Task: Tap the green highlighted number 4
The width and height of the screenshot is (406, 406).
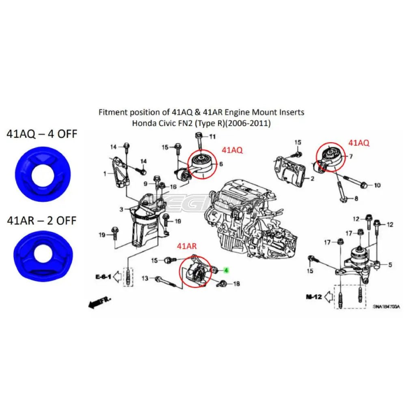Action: [x=227, y=270]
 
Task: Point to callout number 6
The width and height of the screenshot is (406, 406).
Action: [x=221, y=164]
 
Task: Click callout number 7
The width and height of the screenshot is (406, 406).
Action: [x=351, y=156]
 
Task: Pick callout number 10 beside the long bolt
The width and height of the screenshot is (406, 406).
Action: [x=377, y=186]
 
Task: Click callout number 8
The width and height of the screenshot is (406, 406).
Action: [x=356, y=199]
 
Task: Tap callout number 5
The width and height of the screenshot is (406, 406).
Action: [x=390, y=265]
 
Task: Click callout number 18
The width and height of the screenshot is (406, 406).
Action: [x=237, y=283]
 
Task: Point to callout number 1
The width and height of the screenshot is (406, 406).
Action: [x=104, y=174]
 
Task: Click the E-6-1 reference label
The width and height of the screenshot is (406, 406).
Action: [x=103, y=276]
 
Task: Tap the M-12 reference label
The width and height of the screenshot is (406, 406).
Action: [x=314, y=297]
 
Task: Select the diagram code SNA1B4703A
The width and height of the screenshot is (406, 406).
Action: [x=386, y=307]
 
